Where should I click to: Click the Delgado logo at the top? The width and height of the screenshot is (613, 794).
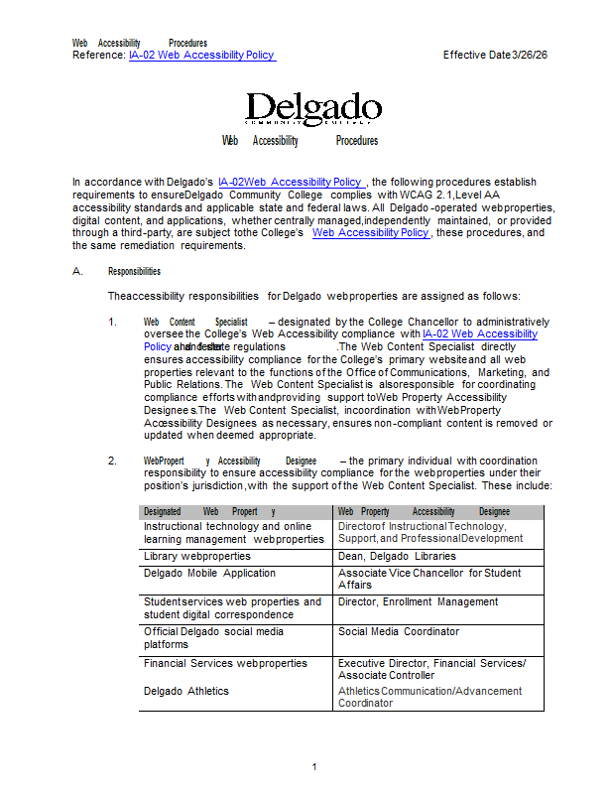tap(312, 108)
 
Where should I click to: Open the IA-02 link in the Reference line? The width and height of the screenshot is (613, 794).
tap(201, 56)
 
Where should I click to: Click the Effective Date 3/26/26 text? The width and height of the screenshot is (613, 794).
tap(495, 56)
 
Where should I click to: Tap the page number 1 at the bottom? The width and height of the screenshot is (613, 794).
tap(313, 766)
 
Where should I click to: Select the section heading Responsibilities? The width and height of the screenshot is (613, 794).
tap(134, 271)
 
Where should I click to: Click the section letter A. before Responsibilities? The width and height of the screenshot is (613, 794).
tap(77, 271)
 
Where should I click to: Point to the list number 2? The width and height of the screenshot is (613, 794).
tap(113, 461)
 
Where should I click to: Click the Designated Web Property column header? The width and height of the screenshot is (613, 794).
tap(208, 511)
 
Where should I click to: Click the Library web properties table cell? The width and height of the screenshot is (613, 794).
tap(196, 557)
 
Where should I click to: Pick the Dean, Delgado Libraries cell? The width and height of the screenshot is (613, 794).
tap(397, 557)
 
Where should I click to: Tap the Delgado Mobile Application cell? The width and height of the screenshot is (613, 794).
tap(209, 573)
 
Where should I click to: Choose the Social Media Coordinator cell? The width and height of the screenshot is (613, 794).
tap(398, 631)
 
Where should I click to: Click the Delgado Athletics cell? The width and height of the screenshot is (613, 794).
tap(185, 691)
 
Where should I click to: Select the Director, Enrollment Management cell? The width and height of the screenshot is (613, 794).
tap(418, 601)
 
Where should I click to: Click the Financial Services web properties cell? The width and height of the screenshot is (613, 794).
tap(225, 663)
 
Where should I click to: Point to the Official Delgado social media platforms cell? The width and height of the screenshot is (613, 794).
tap(213, 637)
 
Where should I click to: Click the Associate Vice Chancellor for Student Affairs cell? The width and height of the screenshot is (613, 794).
tap(429, 579)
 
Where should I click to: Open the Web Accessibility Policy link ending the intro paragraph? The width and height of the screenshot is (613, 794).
tap(370, 232)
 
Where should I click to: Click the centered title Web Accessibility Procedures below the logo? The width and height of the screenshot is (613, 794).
tap(300, 141)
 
